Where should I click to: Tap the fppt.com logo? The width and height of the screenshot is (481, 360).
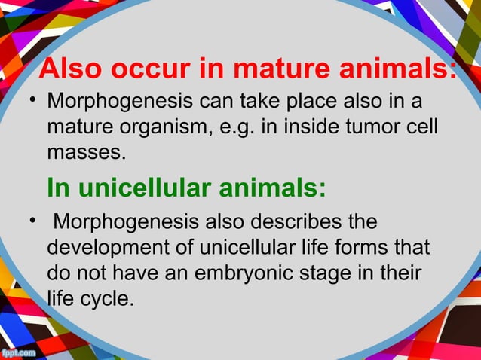pos(20,351)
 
